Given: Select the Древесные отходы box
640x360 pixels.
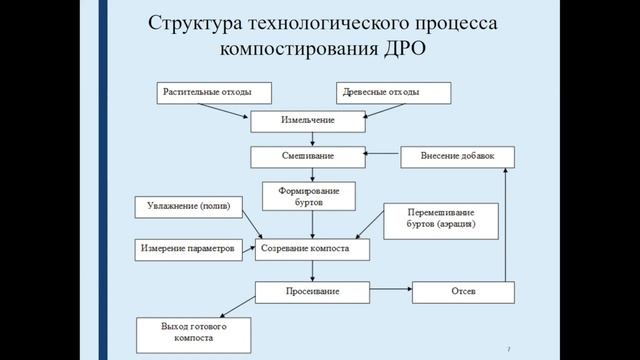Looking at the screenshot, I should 393,93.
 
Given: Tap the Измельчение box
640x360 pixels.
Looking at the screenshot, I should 305,122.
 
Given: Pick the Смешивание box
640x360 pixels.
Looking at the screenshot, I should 305,157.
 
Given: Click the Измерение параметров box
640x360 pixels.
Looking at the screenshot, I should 189,248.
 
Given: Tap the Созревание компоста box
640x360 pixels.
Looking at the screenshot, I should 312,248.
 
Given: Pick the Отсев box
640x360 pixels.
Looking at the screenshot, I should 463,292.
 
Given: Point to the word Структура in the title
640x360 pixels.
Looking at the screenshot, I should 194,22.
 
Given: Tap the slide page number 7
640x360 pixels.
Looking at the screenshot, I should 509,348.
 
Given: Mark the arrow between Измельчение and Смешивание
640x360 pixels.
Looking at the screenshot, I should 304,140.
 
